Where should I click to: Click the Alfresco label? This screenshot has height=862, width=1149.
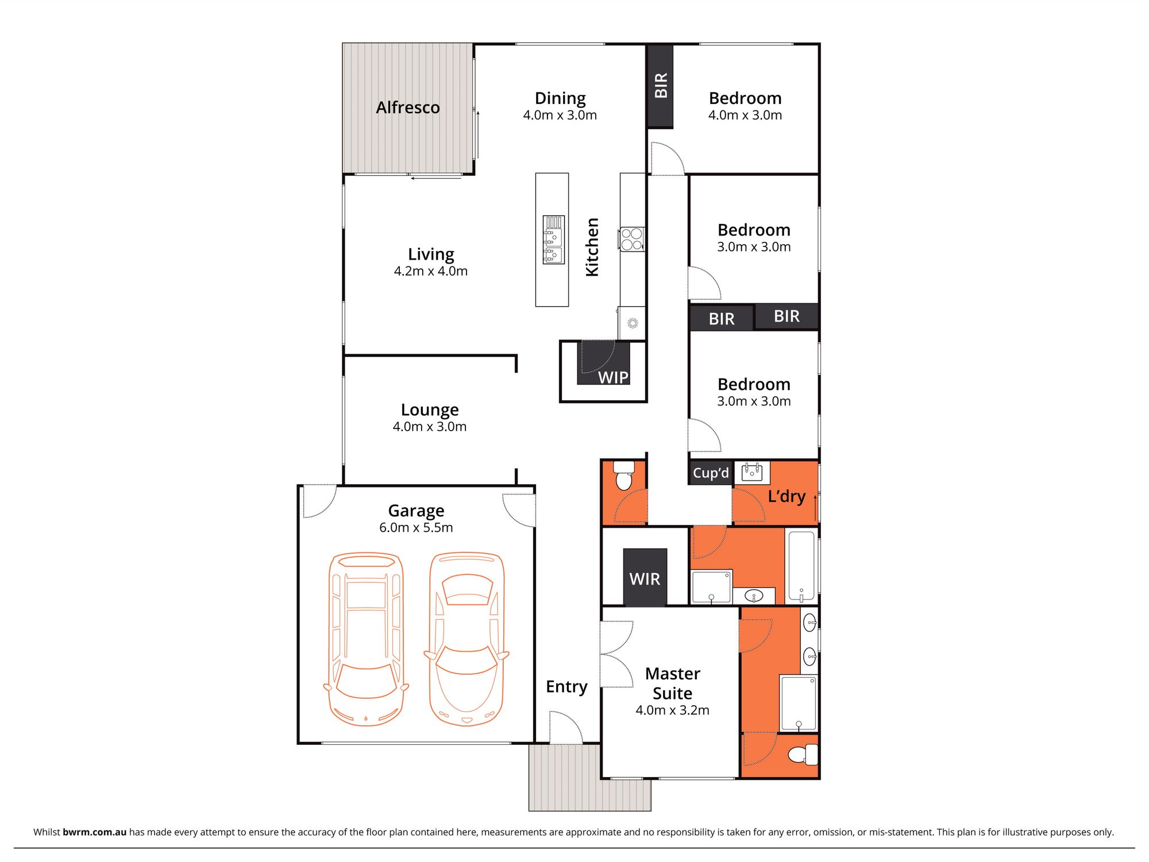click(x=408, y=107)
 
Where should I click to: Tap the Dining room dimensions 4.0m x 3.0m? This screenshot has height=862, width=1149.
click(x=560, y=115)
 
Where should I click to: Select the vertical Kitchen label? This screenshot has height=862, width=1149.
click(x=592, y=247)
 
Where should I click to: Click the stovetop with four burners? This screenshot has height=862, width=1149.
click(x=631, y=239)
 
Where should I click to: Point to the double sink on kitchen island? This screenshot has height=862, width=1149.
click(x=553, y=239)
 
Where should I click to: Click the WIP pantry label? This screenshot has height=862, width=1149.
click(x=613, y=377)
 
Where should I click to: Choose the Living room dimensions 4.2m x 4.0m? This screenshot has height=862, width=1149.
click(x=430, y=271)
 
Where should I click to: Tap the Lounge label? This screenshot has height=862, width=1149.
click(x=430, y=409)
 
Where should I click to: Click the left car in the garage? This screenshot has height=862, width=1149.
click(x=366, y=639)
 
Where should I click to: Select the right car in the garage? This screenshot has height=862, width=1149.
click(x=466, y=639)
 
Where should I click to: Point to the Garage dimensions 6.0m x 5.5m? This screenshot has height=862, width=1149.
click(x=416, y=527)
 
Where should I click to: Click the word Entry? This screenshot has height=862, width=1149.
click(x=566, y=687)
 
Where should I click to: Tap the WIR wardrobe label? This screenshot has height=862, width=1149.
click(x=645, y=579)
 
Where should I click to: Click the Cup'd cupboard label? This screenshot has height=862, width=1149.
click(x=711, y=473)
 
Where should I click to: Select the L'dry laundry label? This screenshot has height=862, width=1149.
click(x=786, y=496)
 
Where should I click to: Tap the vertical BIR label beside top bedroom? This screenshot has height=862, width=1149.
click(x=661, y=85)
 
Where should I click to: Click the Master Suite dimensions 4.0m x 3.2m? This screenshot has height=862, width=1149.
click(x=672, y=710)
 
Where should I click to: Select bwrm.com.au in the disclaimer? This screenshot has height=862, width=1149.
click(x=94, y=832)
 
